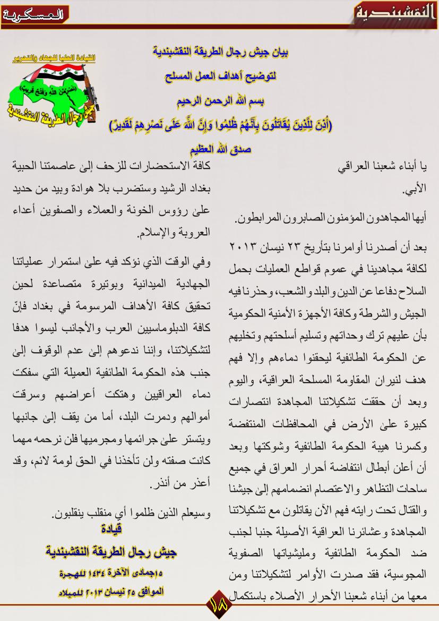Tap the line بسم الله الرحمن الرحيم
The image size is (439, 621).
pyautogui.click(x=220, y=100)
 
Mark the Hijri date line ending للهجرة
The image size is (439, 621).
pyautogui.click(x=111, y=574)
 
